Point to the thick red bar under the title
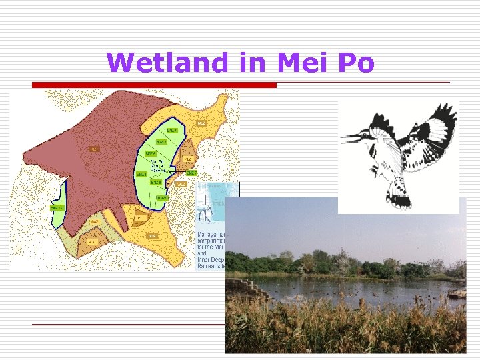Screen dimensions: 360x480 coord(154,85)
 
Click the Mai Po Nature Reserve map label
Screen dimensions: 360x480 coord(158,165)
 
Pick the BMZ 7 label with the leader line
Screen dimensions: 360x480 coord(191,173)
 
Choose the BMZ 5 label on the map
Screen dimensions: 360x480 coord(141,175)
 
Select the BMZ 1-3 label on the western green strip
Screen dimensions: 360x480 coord(57,207)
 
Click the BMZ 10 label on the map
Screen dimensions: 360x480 coord(162,197)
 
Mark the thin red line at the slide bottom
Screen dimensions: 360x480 coord(127,324)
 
